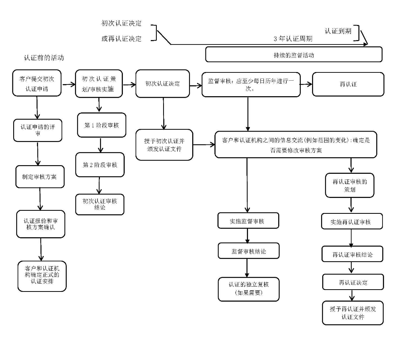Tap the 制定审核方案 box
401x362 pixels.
pos(40,176)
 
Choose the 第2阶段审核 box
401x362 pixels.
pos(100,165)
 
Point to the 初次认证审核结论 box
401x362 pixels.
pos(100,204)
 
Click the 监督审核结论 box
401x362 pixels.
pos(248,251)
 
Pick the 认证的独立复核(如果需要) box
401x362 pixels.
pos(248,289)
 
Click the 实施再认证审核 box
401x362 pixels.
pos(352,222)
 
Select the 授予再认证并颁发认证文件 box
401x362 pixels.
pos(353,313)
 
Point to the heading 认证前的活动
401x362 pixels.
pos(44,58)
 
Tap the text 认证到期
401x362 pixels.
pos(338,31)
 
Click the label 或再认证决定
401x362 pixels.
pos(121,38)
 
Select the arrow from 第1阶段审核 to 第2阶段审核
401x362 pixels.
pos(101,145)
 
